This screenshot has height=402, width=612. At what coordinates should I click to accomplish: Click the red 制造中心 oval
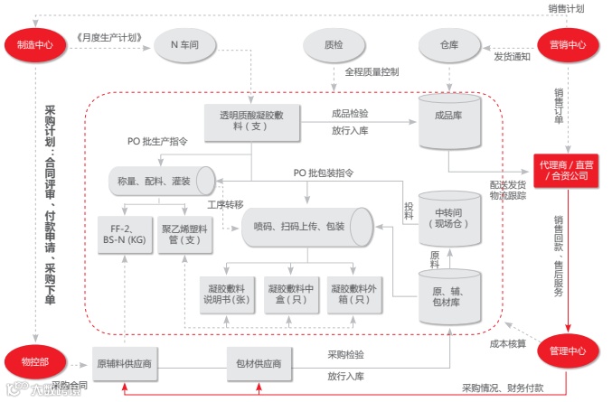click(34, 44)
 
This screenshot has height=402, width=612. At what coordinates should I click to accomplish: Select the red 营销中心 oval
click(568, 44)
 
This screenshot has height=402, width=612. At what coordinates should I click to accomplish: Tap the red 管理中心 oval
click(568, 351)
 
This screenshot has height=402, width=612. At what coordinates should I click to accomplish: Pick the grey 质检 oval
click(334, 44)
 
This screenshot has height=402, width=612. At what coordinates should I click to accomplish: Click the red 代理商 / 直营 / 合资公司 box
click(568, 171)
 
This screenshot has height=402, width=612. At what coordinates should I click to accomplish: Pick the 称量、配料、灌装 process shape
click(160, 182)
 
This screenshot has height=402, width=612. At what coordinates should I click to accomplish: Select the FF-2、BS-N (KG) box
click(127, 236)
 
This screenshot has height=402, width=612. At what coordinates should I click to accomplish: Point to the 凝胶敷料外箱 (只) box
click(353, 293)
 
